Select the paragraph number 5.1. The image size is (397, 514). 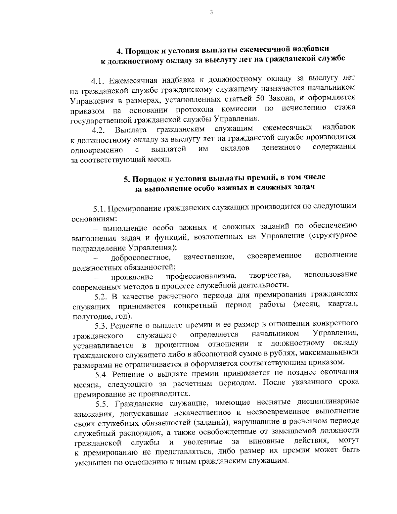[99, 209]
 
